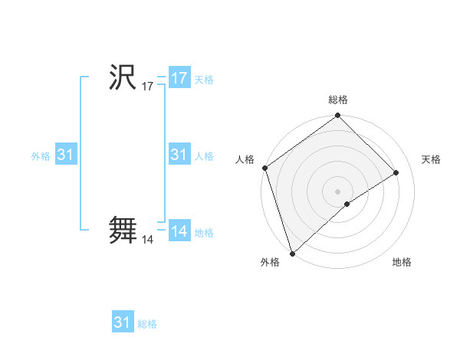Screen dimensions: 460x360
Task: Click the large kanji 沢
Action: [123, 78]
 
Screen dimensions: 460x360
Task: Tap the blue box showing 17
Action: [179, 78]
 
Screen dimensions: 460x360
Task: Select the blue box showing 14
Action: [179, 231]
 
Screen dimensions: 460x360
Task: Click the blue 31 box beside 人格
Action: [179, 155]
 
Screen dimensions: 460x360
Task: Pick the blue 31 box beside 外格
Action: [66, 155]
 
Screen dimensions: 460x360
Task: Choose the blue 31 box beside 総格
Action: [123, 322]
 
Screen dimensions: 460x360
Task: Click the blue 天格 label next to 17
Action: [204, 80]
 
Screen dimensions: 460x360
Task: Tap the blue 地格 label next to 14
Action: [204, 233]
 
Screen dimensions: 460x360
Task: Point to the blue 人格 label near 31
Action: [204, 156]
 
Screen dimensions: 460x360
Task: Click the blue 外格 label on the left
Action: [41, 156]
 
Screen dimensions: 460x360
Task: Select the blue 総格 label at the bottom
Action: [147, 324]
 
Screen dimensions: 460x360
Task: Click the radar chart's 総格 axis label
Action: [338, 100]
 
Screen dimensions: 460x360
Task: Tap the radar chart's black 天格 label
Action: [432, 159]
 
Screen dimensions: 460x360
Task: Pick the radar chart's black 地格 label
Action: [402, 263]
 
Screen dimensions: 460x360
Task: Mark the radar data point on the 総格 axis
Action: [338, 116]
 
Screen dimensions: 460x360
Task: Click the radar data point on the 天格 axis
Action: [396, 172]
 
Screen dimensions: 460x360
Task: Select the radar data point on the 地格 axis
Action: [347, 204]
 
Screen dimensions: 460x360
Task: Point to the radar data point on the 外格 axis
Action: [292, 253]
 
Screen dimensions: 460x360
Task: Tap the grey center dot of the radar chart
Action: [338, 191]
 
